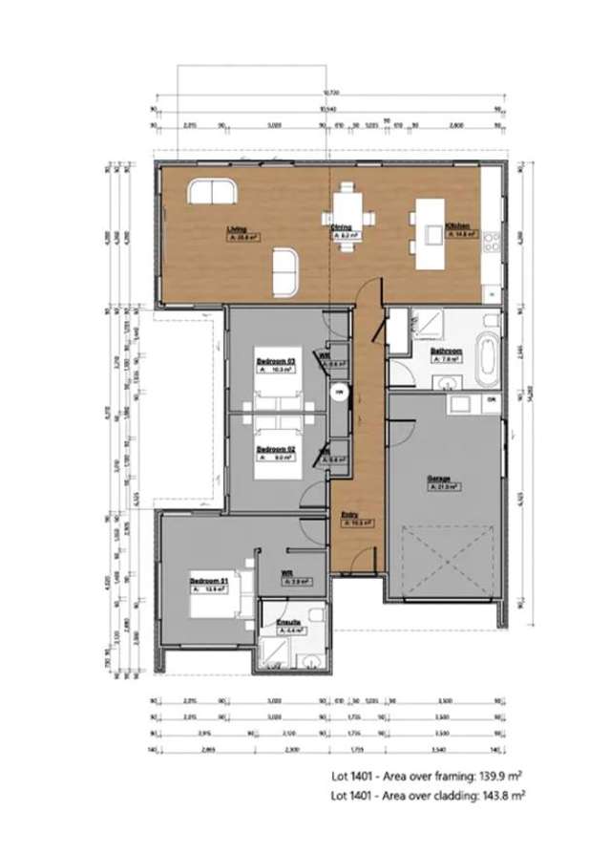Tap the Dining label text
coord(342,230)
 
